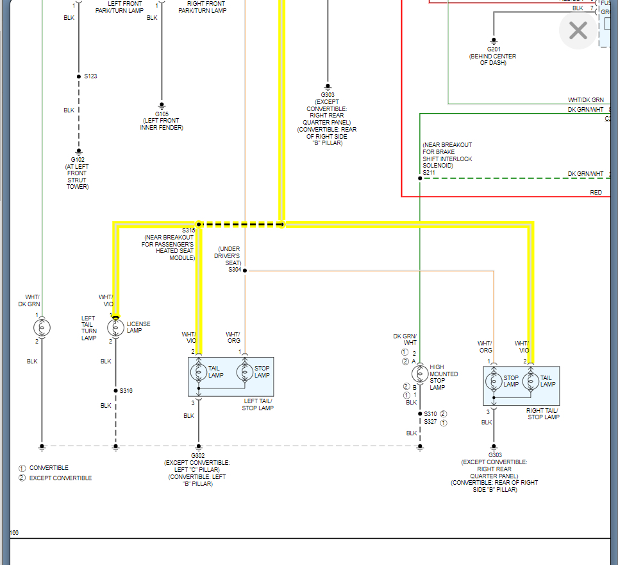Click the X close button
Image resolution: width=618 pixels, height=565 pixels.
pyautogui.click(x=578, y=30)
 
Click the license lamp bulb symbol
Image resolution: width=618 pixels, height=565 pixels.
pyautogui.click(x=116, y=328)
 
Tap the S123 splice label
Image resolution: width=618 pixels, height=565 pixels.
pyautogui.click(x=90, y=76)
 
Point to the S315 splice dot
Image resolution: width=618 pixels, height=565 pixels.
pyautogui.click(x=199, y=225)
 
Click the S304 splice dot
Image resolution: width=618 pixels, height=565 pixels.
pyautogui.click(x=244, y=271)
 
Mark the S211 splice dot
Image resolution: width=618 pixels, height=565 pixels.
pyautogui.click(x=420, y=178)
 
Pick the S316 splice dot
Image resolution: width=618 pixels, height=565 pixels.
pyautogui.click(x=116, y=390)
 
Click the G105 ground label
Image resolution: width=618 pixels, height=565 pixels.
pyautogui.click(x=162, y=114)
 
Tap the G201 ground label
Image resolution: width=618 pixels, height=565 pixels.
pyautogui.click(x=494, y=49)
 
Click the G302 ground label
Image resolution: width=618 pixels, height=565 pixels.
pyautogui.click(x=198, y=455)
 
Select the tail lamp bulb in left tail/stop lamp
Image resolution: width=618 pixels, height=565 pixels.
pyautogui.click(x=198, y=372)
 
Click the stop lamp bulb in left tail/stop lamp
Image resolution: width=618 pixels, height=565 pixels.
pyautogui.click(x=244, y=372)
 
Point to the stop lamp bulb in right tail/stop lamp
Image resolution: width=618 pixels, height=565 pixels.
pyautogui.click(x=494, y=381)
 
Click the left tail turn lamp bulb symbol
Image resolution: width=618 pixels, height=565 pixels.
pyautogui.click(x=42, y=328)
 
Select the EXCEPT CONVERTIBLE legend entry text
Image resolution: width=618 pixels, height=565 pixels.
pyautogui.click(x=60, y=478)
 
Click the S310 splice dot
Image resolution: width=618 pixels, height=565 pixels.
pyautogui.click(x=420, y=413)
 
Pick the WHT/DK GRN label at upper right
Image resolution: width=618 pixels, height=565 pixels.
pyautogui.click(x=585, y=100)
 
